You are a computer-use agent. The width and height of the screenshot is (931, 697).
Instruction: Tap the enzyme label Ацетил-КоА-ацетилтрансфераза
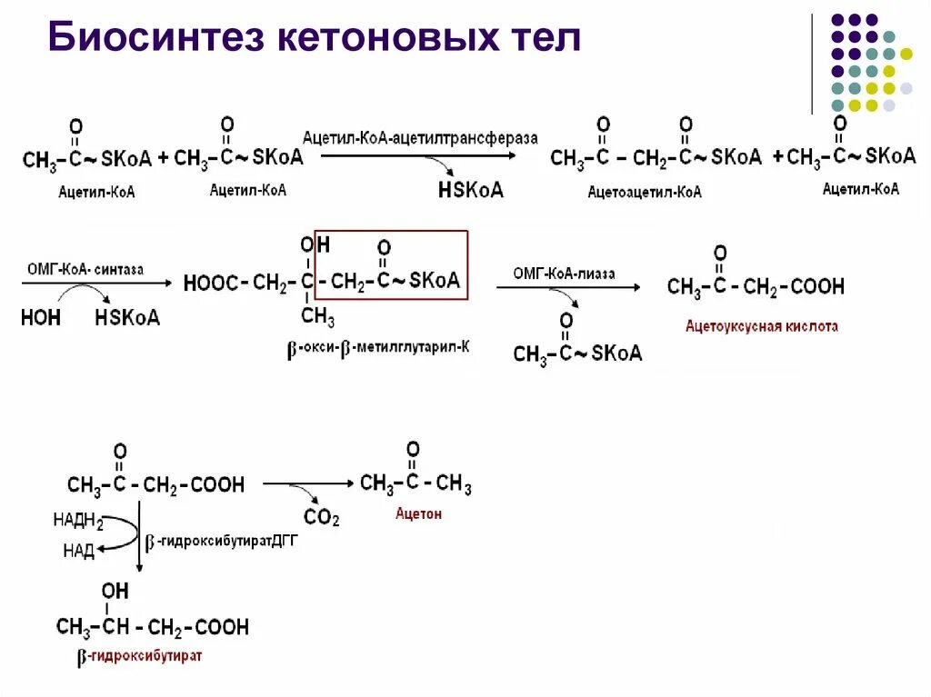click(420, 137)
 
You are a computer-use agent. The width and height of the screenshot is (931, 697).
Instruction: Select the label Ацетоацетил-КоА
click(645, 193)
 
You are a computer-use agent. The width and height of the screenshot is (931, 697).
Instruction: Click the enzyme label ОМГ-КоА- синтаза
click(85, 270)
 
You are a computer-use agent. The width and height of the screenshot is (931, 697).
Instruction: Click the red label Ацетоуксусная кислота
click(762, 325)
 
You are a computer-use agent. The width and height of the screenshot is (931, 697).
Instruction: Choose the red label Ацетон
click(418, 513)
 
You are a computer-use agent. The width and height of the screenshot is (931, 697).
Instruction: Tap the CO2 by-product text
click(321, 519)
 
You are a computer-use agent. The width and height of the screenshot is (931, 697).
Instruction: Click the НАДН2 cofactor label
click(78, 523)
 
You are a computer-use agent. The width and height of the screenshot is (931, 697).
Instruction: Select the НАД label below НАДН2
click(79, 551)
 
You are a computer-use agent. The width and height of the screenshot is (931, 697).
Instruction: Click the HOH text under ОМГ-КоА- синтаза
click(41, 317)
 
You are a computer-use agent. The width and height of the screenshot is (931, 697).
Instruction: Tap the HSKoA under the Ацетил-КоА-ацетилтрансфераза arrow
click(470, 190)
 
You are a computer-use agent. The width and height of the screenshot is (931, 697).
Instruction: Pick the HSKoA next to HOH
click(126, 317)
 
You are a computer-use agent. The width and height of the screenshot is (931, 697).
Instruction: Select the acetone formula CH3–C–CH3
click(415, 483)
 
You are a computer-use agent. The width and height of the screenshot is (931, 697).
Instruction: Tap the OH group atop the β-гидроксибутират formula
click(115, 592)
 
